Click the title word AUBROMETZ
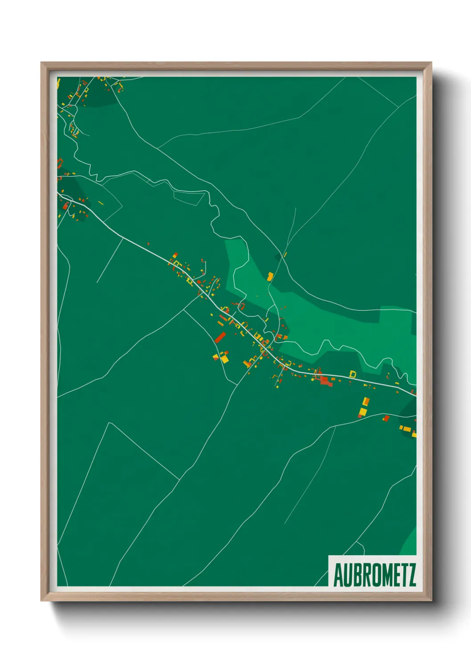click(x=374, y=575)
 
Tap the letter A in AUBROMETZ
click(x=338, y=575)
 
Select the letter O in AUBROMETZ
click(x=370, y=575)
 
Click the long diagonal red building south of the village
click(x=220, y=337)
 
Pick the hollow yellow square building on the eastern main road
click(x=353, y=374)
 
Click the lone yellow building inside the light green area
click(x=270, y=277)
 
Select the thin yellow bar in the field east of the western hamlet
click(x=101, y=203)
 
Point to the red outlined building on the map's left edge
click(x=59, y=163)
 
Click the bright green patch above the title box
click(x=409, y=543)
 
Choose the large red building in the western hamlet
click(x=65, y=205)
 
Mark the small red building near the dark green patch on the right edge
click(x=386, y=418)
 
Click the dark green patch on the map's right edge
click(x=408, y=407)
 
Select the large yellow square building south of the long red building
click(x=225, y=358)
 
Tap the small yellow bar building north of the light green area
click(x=285, y=255)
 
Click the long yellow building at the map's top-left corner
click(x=58, y=83)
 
